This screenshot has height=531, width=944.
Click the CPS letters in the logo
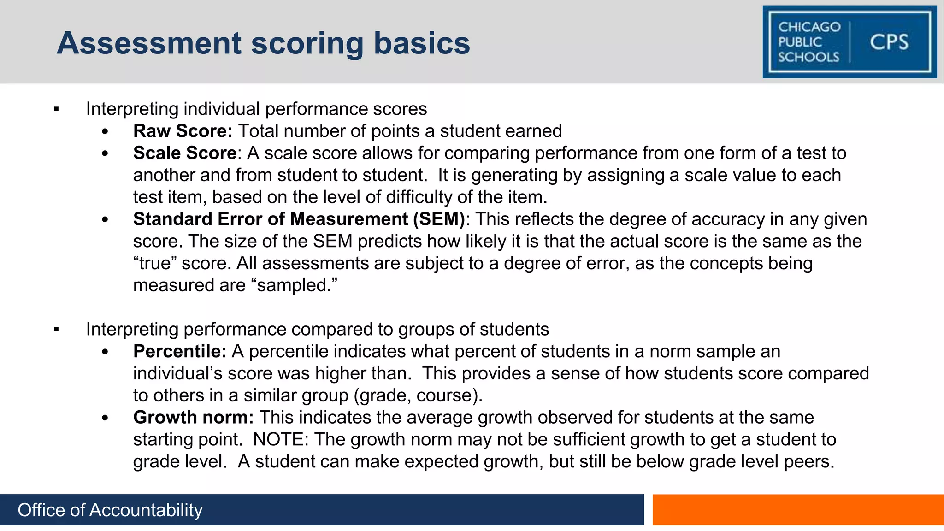(889, 42)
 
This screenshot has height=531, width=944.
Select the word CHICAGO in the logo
(809, 27)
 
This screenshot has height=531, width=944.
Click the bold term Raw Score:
(183, 131)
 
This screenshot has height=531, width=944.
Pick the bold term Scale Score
(185, 153)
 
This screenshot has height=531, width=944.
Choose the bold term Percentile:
(180, 351)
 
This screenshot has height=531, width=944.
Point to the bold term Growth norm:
(193, 417)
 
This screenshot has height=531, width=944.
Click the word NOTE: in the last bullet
(281, 439)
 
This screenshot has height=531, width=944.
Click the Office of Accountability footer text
(110, 510)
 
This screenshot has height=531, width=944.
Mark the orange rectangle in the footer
(798, 510)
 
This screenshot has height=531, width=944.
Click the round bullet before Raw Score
(105, 132)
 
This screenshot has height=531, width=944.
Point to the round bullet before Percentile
(105, 352)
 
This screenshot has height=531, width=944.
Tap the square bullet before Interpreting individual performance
(56, 110)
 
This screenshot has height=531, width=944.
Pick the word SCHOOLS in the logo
(808, 57)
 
